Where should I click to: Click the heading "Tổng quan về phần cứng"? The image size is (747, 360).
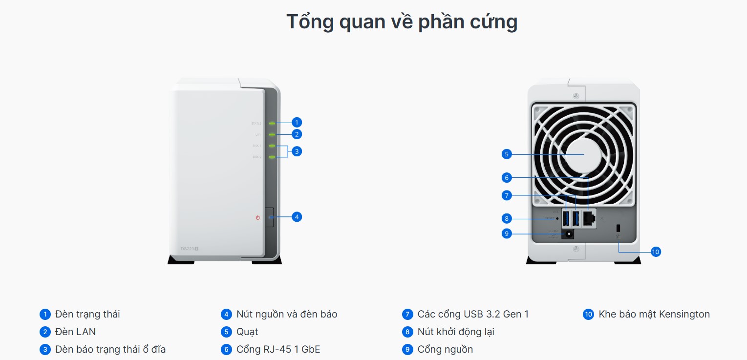[x=402, y=22]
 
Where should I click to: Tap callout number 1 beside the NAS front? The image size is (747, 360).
[x=297, y=122]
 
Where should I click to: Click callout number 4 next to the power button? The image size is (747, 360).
[x=297, y=216]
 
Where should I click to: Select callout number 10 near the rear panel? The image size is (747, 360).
[x=656, y=252]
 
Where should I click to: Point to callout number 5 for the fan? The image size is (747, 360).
[x=507, y=154]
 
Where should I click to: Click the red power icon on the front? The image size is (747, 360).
[x=257, y=217]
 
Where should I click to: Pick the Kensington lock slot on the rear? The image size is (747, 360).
[x=619, y=228]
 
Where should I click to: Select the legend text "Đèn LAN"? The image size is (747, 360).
[x=75, y=332]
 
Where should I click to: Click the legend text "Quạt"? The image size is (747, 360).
[x=247, y=332]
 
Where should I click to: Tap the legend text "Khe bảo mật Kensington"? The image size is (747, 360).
[x=654, y=314]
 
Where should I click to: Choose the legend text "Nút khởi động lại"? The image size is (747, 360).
[x=455, y=332]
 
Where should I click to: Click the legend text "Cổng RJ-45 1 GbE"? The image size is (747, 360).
[x=278, y=349]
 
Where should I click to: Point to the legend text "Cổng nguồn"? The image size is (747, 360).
[x=445, y=349]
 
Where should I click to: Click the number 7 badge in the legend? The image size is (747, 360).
[x=407, y=314]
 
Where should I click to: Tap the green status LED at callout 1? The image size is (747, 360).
[x=272, y=123]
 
